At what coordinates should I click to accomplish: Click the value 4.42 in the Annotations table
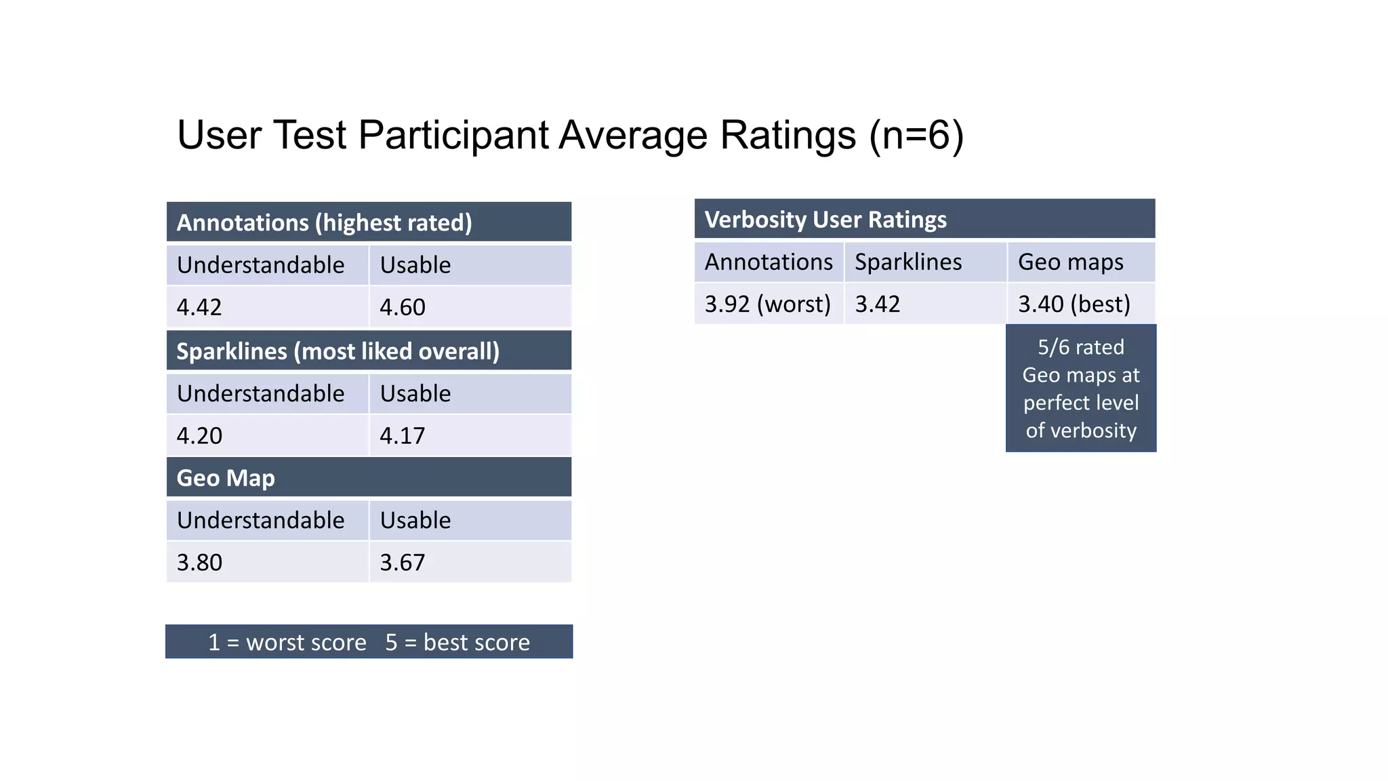[x=199, y=307]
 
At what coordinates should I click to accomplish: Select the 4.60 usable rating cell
[x=403, y=307]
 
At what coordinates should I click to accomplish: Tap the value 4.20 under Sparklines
[x=199, y=435]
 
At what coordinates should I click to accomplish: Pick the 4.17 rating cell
[x=403, y=435]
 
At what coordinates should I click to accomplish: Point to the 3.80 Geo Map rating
[x=199, y=562]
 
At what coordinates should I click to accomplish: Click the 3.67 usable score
[x=403, y=562]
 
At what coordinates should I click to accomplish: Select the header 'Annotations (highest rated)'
[x=324, y=222]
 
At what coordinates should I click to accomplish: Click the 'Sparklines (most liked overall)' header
[x=338, y=351]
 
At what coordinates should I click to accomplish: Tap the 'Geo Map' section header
[x=226, y=478]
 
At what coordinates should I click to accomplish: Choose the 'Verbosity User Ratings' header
[x=825, y=220]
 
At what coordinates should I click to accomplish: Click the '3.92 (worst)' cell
[x=767, y=304]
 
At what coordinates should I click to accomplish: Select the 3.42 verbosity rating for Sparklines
[x=878, y=304]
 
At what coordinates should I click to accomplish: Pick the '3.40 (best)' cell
[x=1074, y=304]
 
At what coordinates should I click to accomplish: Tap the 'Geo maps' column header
[x=1071, y=262]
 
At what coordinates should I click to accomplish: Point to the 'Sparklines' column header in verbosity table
[x=908, y=262]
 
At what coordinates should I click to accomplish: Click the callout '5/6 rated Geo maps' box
[x=1081, y=388]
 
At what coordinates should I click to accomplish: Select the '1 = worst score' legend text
[x=287, y=642]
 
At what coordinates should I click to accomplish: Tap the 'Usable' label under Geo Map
[x=415, y=520]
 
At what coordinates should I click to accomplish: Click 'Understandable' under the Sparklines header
[x=261, y=393]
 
